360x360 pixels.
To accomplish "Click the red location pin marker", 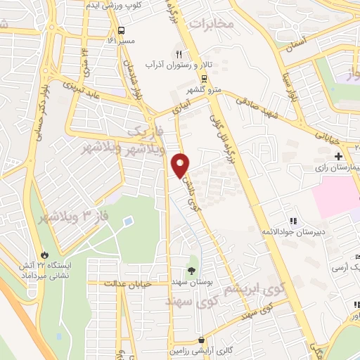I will coord(181,165).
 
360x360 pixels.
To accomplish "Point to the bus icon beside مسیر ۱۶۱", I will coord(122,31).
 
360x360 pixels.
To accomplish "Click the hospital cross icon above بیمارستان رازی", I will coord(339,155).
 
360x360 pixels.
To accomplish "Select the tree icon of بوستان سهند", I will coord(191,269).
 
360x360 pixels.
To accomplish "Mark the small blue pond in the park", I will coord(128,221).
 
